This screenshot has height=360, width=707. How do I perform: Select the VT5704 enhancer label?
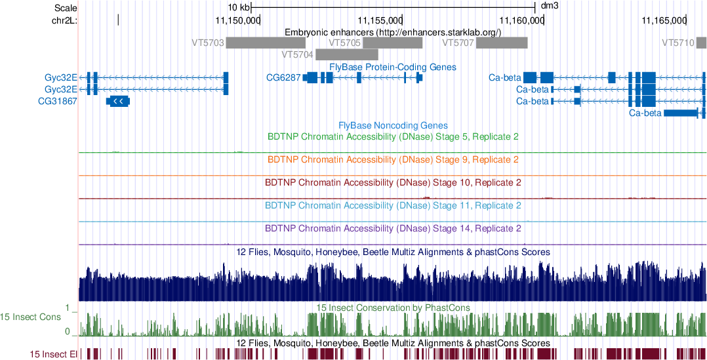pos(297,54)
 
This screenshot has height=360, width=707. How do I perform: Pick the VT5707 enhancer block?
pos(502,43)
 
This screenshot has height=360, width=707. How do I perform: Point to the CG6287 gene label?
pos(283,77)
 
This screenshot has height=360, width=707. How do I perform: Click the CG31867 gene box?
pos(118,101)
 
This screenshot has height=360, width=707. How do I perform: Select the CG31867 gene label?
pos(58,101)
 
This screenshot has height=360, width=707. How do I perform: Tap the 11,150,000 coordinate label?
pos(237,20)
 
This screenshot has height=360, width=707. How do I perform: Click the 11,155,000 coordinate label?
pos(380,20)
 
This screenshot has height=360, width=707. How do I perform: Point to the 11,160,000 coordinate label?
pos(521,20)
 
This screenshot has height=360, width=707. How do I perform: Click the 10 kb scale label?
pos(238,7)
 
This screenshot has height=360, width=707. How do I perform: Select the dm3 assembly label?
pos(549,7)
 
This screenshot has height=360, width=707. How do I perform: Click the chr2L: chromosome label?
pos(64,20)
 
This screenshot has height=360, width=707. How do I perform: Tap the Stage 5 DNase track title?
pos(393,137)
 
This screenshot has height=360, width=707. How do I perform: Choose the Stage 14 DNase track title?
pos(393,229)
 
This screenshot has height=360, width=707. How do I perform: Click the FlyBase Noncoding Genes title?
pos(393,125)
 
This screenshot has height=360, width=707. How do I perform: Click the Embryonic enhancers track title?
pos(393,32)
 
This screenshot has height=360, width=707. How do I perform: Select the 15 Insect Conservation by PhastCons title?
pos(393,308)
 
